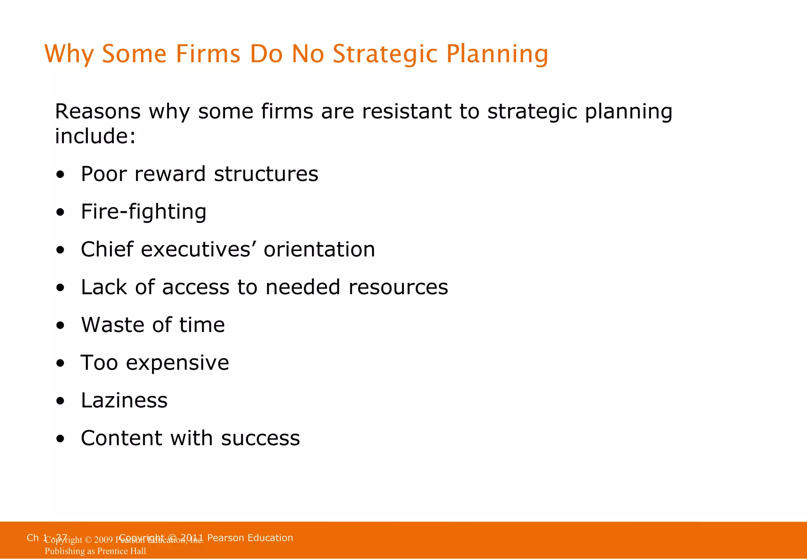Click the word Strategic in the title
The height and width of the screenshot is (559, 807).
point(385,54)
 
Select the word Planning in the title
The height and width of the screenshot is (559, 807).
point(497,54)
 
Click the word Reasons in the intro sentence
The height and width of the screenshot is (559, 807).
point(97,112)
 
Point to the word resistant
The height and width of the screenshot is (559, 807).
point(406,112)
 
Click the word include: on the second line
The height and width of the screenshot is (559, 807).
point(95,136)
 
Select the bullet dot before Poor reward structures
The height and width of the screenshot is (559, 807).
point(60,175)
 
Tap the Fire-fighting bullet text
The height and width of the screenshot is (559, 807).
point(143,212)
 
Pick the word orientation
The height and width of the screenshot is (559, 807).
point(319,250)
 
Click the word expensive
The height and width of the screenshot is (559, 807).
point(177,363)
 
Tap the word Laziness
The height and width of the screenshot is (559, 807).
point(124,401)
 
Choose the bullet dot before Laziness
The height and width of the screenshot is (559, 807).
point(60,401)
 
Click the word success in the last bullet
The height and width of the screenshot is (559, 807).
point(260,438)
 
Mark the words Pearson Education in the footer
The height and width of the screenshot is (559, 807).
point(250,538)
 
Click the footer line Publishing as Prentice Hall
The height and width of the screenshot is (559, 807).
point(95,551)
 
